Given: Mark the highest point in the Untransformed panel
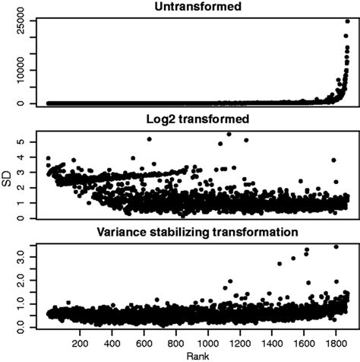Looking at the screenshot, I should pyautogui.click(x=347, y=21).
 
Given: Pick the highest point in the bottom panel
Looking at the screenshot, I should pyautogui.click(x=336, y=246).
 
